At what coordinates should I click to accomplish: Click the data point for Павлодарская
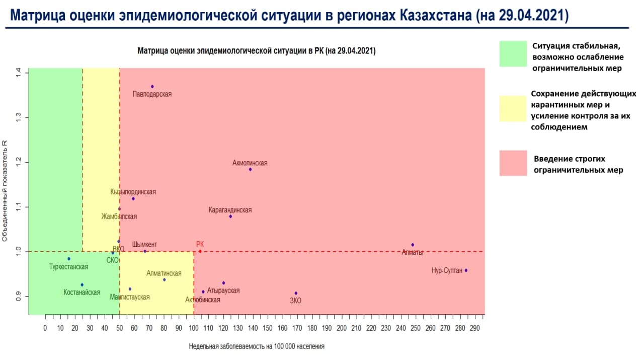pyautogui.click(x=152, y=87)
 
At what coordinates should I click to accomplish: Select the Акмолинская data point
pyautogui.click(x=250, y=169)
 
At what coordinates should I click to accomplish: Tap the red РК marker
pyautogui.click(x=200, y=251)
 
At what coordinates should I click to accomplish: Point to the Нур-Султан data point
pyautogui.click(x=466, y=270)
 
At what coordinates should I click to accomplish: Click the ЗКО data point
pyautogui.click(x=296, y=293)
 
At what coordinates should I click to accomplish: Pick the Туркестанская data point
pyautogui.click(x=69, y=259)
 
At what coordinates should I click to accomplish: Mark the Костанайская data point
pyautogui.click(x=82, y=284)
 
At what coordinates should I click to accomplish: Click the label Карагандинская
pyautogui.click(x=230, y=210)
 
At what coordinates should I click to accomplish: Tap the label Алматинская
pyautogui.click(x=164, y=273)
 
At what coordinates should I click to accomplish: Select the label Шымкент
pyautogui.click(x=144, y=245)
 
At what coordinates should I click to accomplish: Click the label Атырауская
pyautogui.click(x=223, y=291)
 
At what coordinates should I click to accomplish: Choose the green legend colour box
pyautogui.click(x=513, y=54)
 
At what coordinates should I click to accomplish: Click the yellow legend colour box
pyautogui.click(x=513, y=108)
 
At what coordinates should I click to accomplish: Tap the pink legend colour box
pyautogui.click(x=513, y=163)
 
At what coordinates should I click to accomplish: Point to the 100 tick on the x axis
pyautogui.click(x=194, y=328)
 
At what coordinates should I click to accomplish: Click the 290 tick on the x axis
pyautogui.click(x=475, y=328)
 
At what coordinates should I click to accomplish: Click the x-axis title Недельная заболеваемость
pyautogui.click(x=257, y=346)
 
